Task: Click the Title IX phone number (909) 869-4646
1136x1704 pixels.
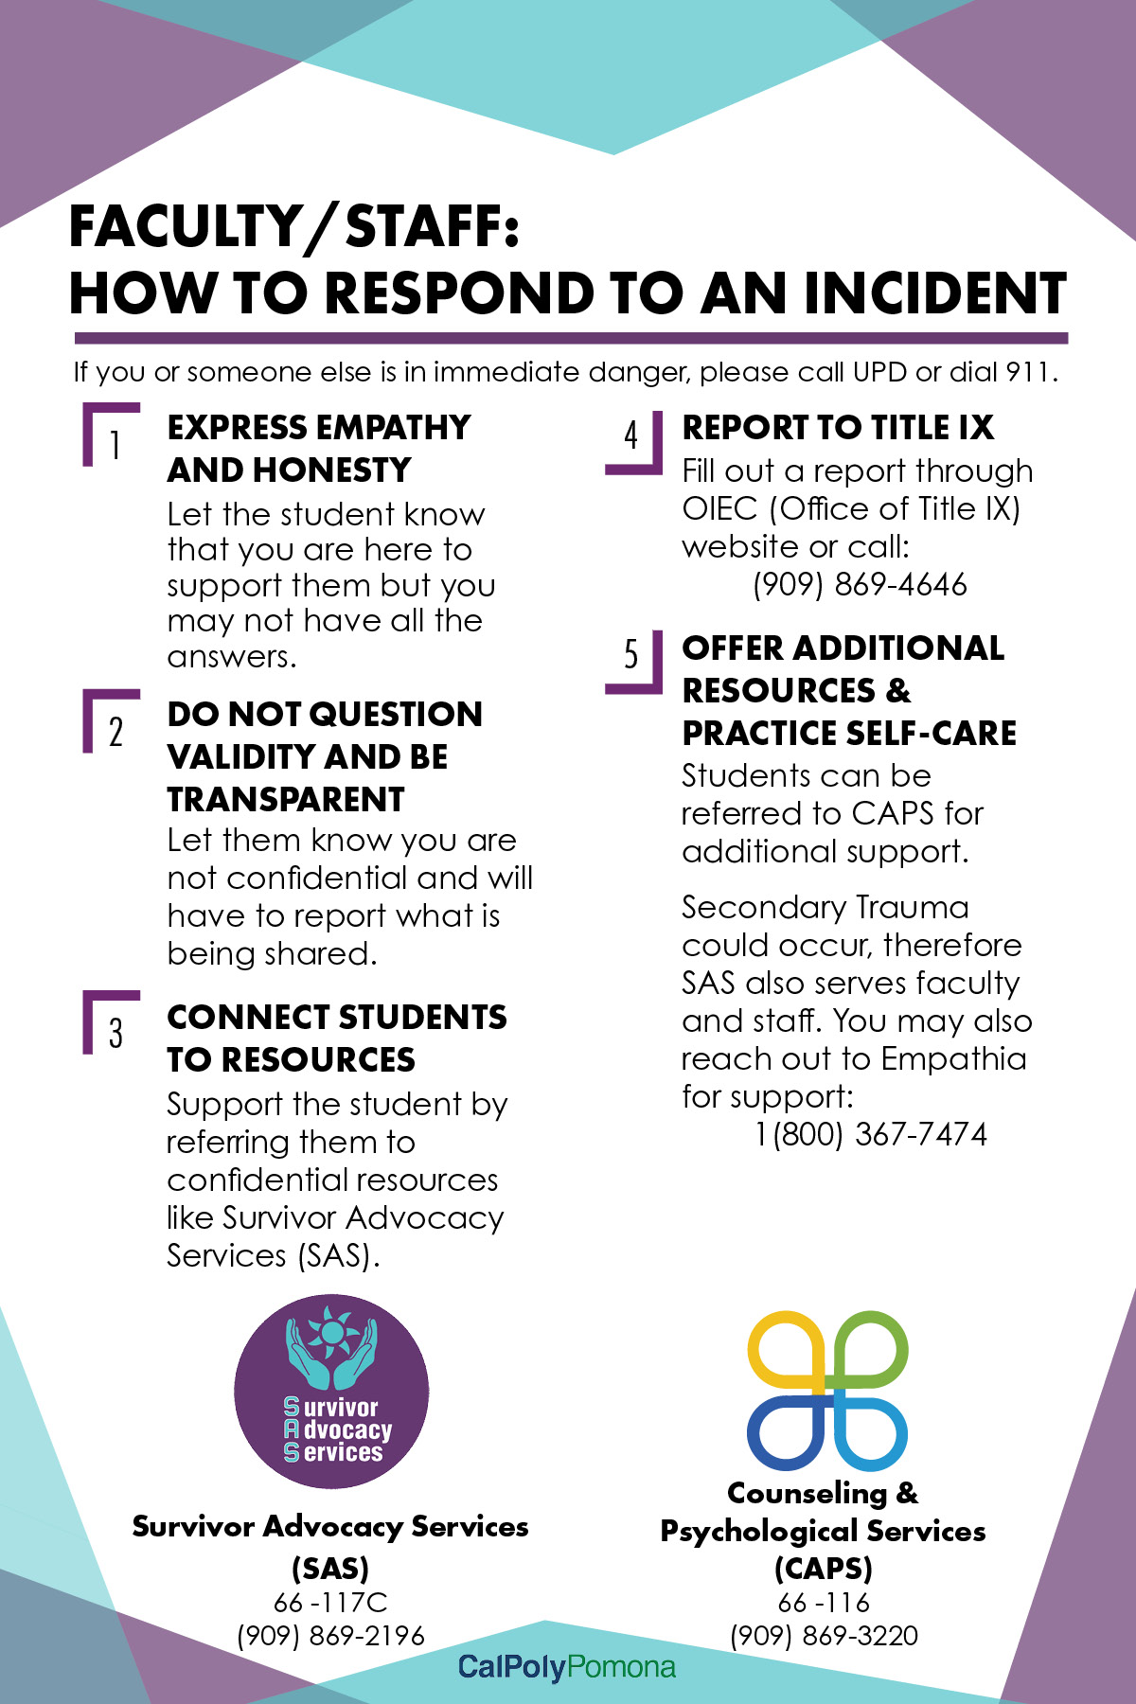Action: [860, 585]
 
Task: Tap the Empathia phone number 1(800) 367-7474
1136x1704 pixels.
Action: [871, 1134]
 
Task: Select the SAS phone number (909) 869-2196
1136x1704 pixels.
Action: [330, 1636]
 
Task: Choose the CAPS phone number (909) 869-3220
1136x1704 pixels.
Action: [824, 1636]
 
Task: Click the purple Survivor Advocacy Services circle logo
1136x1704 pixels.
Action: [331, 1392]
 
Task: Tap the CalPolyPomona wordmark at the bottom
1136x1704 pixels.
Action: [566, 1667]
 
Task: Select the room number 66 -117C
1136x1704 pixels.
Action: [330, 1603]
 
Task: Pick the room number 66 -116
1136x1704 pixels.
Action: [824, 1603]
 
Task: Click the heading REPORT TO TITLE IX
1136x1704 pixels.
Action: [838, 428]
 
